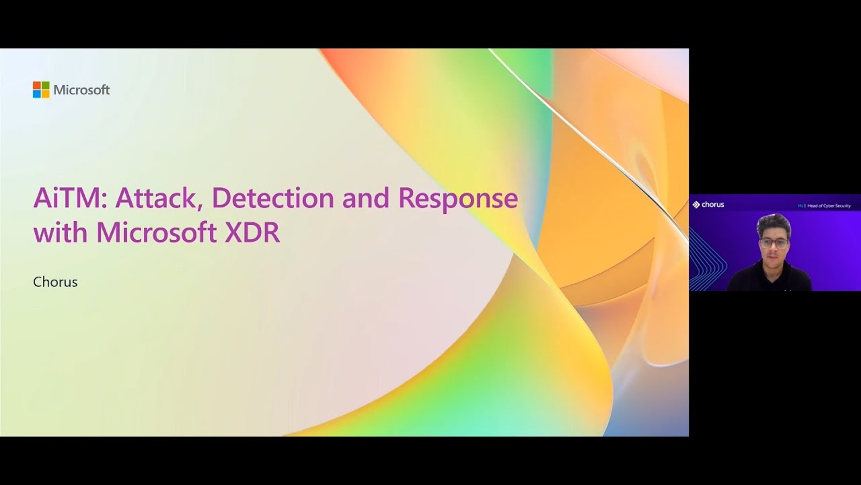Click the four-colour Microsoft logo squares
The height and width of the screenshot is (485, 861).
click(41, 90)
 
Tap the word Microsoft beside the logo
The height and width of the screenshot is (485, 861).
click(81, 90)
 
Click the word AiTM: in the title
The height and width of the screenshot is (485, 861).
click(71, 198)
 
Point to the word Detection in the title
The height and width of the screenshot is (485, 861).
click(272, 198)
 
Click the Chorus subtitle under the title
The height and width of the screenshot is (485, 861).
click(55, 282)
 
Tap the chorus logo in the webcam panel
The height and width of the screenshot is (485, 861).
click(708, 205)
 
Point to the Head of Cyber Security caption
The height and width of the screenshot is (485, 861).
click(827, 205)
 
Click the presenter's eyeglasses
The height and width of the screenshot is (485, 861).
click(774, 241)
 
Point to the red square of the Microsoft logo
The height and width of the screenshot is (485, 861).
click(37, 86)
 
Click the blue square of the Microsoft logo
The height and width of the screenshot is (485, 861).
click(37, 94)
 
